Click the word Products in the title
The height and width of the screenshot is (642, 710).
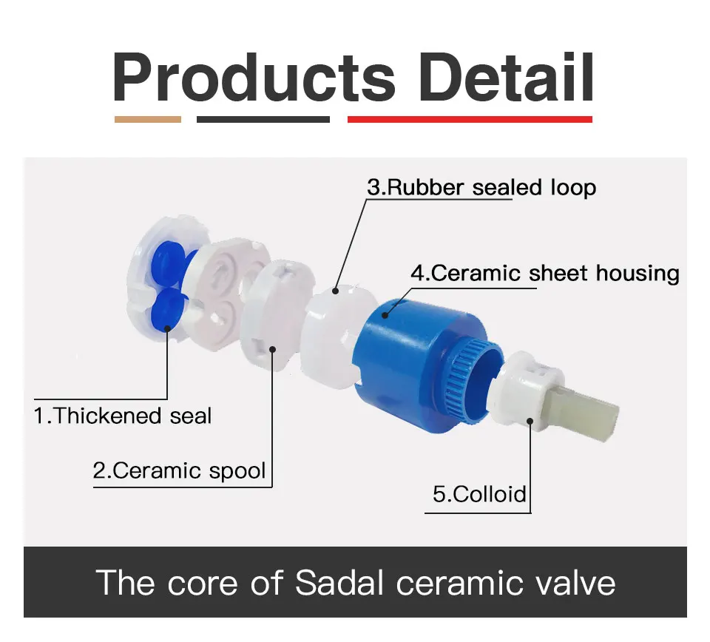pos(254,78)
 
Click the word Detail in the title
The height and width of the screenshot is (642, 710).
pos(507,78)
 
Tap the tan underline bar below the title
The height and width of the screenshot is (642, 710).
pos(148,120)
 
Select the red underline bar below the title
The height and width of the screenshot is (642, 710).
pos(470,120)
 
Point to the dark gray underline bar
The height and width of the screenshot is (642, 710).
pos(263,120)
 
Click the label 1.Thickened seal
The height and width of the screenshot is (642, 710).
pos(123,416)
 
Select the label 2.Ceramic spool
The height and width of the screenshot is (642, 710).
pos(179,471)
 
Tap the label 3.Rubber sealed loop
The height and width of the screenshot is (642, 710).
pos(481,187)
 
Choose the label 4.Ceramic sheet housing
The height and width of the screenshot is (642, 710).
pos(545,274)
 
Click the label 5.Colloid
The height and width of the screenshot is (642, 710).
pos(479,494)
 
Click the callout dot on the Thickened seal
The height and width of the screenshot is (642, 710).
pos(167,328)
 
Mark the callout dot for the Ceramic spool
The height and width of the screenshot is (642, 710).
pos(273,349)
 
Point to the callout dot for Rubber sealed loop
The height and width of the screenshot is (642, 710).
pos(336,291)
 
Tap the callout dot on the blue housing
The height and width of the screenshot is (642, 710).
pos(385,315)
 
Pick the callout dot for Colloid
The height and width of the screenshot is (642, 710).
pos(530,422)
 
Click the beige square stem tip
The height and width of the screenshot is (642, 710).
pos(584,411)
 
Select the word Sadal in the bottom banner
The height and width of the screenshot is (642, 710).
pos(339,583)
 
